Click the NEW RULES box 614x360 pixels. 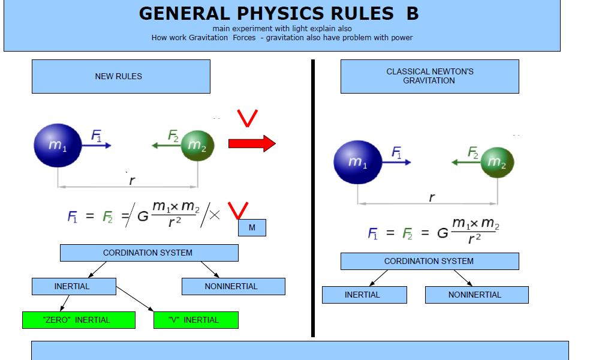121,76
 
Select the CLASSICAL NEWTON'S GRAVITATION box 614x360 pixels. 429,76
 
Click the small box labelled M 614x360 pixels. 252,227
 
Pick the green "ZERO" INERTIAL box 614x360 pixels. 79,320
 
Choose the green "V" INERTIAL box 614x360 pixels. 195,320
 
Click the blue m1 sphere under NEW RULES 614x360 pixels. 58,145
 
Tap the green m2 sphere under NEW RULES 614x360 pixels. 197,146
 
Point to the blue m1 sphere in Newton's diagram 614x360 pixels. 357,162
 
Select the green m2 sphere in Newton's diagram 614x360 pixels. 497,163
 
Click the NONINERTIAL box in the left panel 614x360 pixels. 233,286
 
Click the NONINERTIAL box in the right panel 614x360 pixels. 477,295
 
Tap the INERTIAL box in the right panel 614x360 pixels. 364,295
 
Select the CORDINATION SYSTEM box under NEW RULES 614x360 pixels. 149,253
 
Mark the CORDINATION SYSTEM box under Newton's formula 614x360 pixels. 429,261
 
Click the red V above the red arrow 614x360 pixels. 248,119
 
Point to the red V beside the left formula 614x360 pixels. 238,211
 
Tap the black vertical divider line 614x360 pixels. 312,198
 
